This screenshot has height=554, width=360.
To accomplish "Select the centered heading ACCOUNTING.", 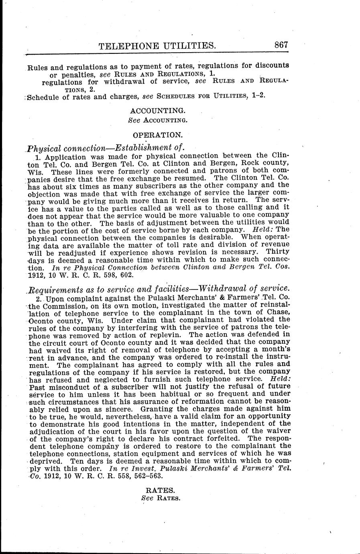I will tap(158, 110).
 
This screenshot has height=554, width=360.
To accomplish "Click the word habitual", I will tap(196, 394).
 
